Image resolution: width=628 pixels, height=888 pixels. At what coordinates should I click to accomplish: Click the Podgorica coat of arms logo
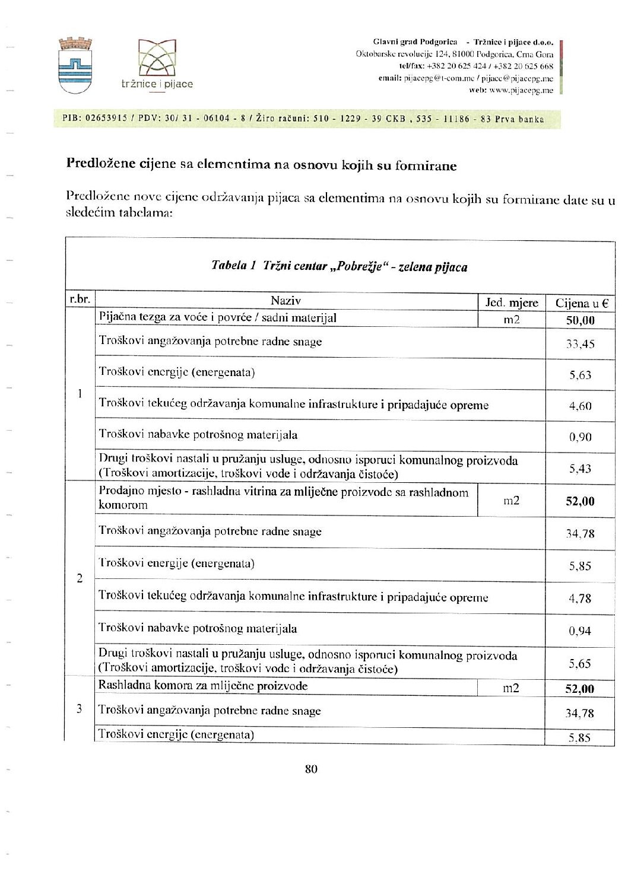[x=75, y=65]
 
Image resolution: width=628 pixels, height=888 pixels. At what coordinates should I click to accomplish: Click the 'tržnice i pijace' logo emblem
[x=157, y=59]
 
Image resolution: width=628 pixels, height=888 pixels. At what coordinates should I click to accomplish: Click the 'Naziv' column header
[x=286, y=301]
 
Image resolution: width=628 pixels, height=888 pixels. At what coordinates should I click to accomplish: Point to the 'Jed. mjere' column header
[x=512, y=303]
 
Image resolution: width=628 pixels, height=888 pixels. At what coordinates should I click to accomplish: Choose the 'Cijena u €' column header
[x=581, y=303]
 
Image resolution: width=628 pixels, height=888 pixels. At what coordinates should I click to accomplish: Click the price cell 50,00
[x=580, y=321]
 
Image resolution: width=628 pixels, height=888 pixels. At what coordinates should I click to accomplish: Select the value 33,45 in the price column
[x=580, y=344]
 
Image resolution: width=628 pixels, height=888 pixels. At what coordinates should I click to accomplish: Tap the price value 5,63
[x=580, y=375]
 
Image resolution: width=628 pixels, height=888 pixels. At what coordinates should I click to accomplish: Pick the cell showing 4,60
[x=580, y=406]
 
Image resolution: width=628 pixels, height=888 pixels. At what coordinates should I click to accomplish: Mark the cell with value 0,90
[x=580, y=437]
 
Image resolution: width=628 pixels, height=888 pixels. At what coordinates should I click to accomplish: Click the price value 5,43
[x=580, y=469]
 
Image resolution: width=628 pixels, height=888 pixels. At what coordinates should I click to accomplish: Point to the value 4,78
[x=580, y=599]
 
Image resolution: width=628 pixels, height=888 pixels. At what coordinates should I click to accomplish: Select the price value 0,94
[x=580, y=631]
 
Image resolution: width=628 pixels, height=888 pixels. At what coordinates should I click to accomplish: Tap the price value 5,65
[x=580, y=664]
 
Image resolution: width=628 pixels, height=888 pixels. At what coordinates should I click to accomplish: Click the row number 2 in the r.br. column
[x=80, y=578]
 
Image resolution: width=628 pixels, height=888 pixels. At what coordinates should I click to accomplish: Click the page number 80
[x=311, y=769]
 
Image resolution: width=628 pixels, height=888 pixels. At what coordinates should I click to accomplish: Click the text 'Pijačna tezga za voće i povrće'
[x=176, y=317]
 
